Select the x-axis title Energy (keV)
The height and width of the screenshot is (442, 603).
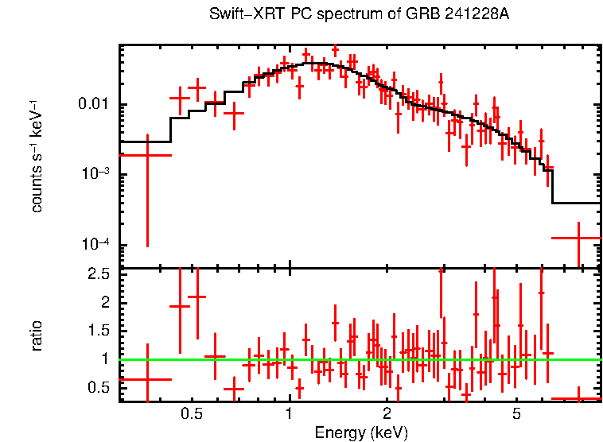361,432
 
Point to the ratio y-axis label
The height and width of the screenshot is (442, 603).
37,335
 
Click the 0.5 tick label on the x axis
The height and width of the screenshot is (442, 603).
191,414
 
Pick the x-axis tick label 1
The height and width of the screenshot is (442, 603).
290,414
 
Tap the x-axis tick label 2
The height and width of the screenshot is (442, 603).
387,414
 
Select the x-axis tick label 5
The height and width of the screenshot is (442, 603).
516,414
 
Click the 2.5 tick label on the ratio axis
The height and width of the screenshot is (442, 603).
100,274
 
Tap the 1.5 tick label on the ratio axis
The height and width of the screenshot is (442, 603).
100,331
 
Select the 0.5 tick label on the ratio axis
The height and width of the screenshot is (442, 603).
100,387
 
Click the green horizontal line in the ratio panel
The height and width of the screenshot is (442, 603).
358,359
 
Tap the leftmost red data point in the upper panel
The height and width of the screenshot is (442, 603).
146,155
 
